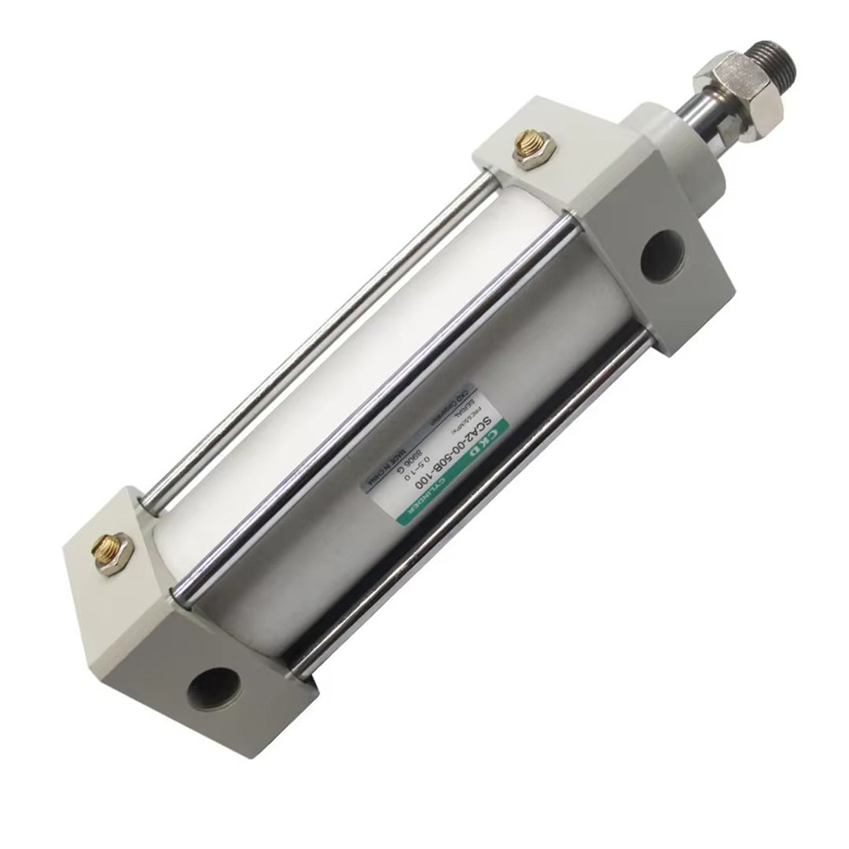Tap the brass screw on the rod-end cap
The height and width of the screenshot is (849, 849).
pyautogui.click(x=525, y=150)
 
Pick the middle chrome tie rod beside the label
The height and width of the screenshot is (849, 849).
pyautogui.click(x=369, y=409)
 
